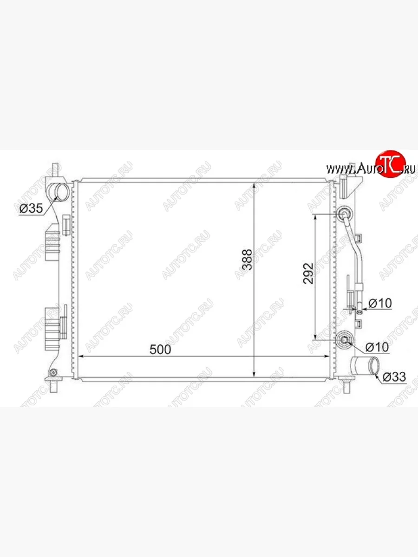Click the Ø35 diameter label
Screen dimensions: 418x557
click(x=31, y=208)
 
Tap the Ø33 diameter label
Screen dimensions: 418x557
click(x=394, y=377)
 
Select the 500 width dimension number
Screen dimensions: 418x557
click(x=160, y=350)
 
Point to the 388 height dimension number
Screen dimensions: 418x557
click(x=247, y=259)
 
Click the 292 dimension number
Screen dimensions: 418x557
click(x=308, y=273)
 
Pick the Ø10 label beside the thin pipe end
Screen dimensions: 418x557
click(x=380, y=303)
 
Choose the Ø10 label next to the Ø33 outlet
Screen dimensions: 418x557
click(x=377, y=347)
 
